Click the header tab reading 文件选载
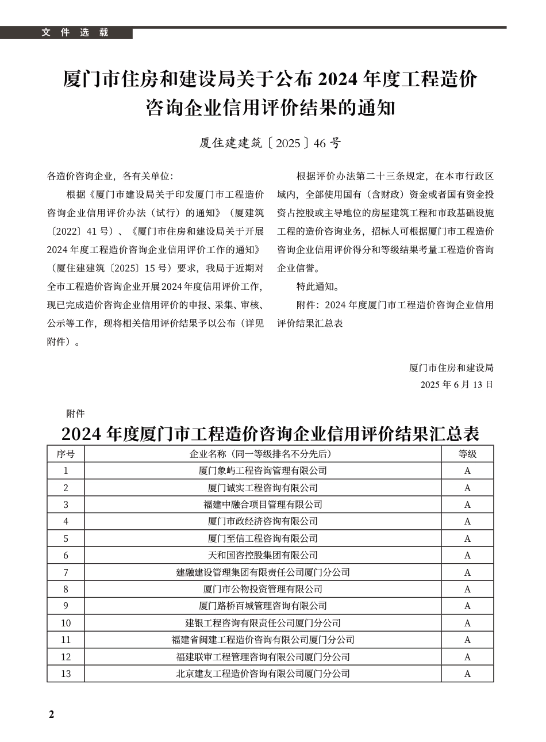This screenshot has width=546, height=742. click(75, 33)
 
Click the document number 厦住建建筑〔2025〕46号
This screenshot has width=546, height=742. click(270, 143)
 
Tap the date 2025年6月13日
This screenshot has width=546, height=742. click(456, 385)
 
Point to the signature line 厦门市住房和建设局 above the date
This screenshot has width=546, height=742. click(451, 368)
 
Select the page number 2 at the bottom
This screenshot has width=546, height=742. click(51, 714)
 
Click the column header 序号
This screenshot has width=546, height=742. click(66, 454)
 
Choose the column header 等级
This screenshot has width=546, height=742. click(467, 454)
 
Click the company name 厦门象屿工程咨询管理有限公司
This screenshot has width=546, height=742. click(263, 471)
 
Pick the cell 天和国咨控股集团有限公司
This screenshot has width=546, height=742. click(263, 555)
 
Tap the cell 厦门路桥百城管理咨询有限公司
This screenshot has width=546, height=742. click(263, 606)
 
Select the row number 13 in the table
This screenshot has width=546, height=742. click(66, 674)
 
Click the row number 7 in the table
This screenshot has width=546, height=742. click(66, 572)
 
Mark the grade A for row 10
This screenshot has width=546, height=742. click(467, 623)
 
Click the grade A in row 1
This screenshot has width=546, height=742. click(467, 471)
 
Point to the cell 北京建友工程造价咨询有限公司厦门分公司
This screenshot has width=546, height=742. click(263, 674)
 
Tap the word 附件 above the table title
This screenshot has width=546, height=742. click(75, 414)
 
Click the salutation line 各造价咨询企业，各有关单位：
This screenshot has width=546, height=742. click(109, 176)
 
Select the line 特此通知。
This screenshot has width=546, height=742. click(317, 286)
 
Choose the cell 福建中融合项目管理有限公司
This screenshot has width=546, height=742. click(263, 504)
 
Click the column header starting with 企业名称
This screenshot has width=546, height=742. click(263, 454)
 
